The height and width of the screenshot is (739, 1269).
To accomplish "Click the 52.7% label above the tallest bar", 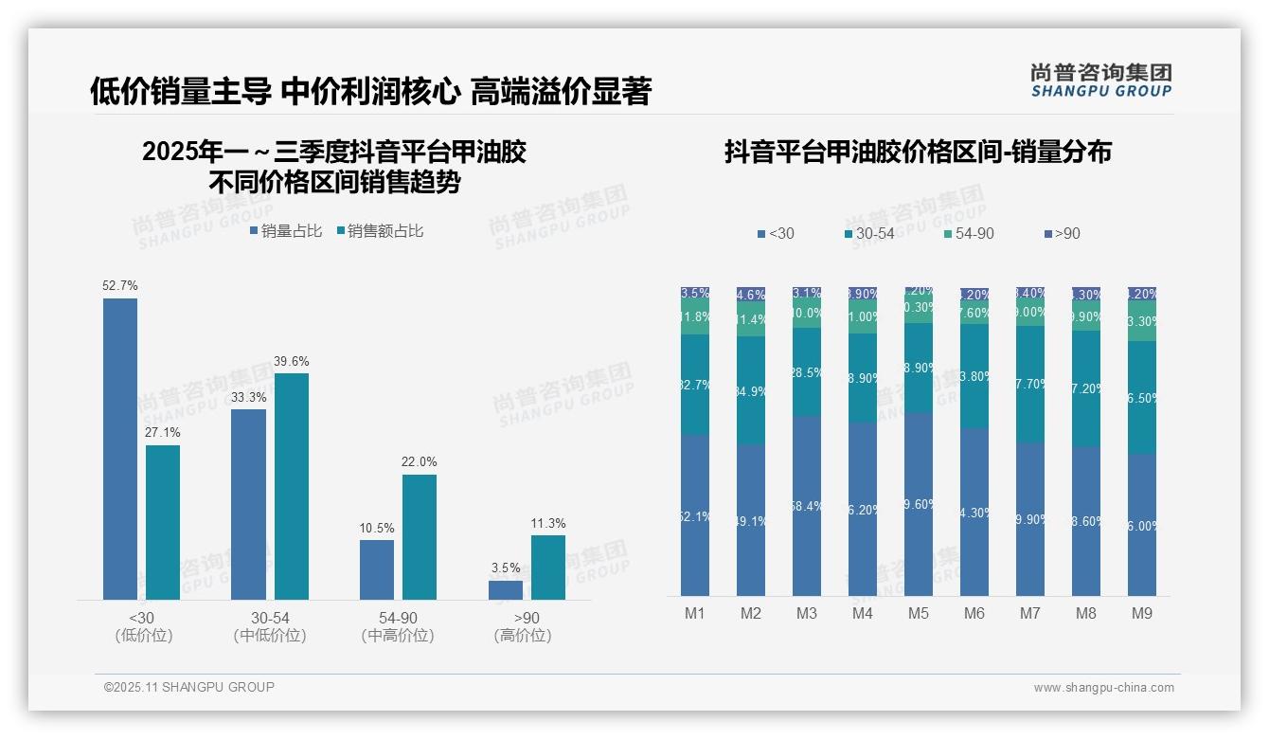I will (x=120, y=285).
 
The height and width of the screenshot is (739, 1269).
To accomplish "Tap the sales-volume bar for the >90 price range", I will (x=506, y=589).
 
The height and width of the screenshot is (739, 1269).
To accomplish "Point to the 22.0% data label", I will (x=419, y=461).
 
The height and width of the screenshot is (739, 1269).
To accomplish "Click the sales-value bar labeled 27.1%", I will (x=163, y=522).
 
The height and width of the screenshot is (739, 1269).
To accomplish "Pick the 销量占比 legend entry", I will (x=286, y=230).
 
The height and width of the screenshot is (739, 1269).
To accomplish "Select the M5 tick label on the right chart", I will (x=919, y=613).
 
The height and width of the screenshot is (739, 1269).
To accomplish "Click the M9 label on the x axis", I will (x=1142, y=613).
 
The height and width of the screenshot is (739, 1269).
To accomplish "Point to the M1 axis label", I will (x=695, y=613).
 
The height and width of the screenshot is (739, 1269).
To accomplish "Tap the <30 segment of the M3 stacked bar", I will (x=807, y=506).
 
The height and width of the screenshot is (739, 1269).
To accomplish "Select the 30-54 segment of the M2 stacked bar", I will (x=751, y=390).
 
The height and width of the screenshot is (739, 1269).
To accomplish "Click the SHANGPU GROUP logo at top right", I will (x=1100, y=81).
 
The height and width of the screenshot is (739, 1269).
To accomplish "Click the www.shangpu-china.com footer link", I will (x=1103, y=688).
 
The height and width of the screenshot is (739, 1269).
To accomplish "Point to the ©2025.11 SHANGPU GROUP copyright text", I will (x=189, y=687).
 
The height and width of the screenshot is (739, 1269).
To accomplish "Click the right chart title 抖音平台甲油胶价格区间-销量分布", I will (x=918, y=152).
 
